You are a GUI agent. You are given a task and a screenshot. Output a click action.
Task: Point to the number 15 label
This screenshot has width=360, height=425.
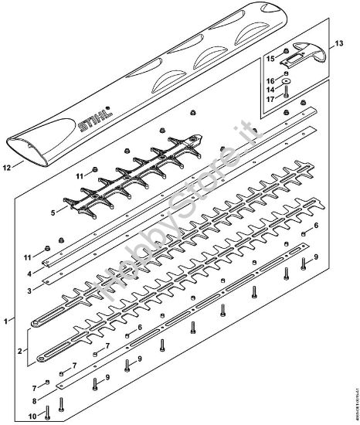pos(270,58)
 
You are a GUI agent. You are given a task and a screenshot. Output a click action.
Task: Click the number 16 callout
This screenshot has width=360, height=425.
pos(270,80)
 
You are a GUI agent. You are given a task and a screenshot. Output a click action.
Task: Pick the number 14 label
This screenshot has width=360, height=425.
pos(270,90)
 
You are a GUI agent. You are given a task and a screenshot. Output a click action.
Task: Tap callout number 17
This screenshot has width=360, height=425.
pos(270,99)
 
